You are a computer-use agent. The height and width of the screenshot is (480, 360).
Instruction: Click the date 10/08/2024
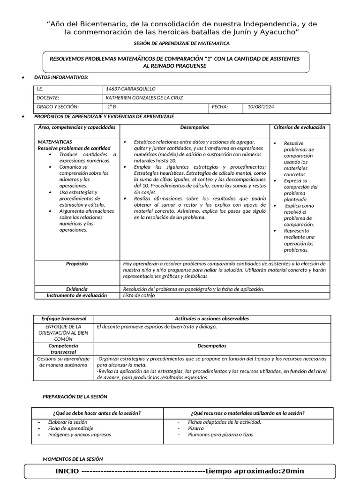coord(261,107)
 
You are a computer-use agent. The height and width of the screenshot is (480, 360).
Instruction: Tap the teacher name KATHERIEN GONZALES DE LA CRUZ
coord(144,97)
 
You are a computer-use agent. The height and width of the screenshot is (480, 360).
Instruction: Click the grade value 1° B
coord(112,107)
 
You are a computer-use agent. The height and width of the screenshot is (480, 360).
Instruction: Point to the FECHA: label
coord(220,107)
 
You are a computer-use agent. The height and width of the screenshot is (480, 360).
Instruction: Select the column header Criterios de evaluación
coord(299,127)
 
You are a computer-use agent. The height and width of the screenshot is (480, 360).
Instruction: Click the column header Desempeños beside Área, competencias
coord(195,127)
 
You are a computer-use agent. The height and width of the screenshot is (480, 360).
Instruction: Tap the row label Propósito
coord(77,264)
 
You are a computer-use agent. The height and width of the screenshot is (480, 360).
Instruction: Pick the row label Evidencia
coord(77,289)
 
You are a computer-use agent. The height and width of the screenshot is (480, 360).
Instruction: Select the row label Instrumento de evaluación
coord(77,296)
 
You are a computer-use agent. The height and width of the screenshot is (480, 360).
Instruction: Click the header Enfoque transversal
coord(64,319)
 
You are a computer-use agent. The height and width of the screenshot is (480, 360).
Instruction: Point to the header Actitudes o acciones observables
coord(212,319)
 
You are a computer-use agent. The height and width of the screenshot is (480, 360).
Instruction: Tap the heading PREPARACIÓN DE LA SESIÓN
coord(75,397)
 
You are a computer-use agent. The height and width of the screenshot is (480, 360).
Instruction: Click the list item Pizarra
coord(195,428)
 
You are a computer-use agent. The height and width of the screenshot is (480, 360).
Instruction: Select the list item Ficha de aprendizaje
coord(71,428)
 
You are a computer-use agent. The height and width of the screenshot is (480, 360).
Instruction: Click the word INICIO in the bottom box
coord(67,471)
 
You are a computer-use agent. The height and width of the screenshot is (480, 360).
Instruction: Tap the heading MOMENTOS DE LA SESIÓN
coord(73,459)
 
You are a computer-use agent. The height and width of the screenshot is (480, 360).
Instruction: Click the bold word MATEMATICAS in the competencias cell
coord(55,142)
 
